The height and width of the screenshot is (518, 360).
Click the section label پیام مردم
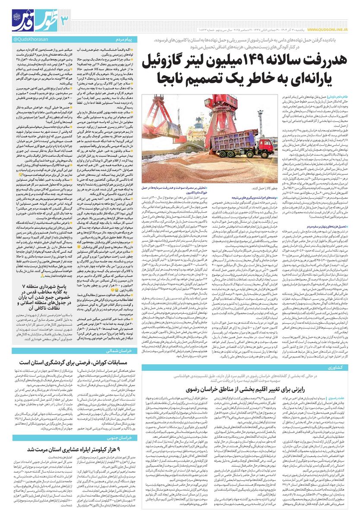tap(128, 40)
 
